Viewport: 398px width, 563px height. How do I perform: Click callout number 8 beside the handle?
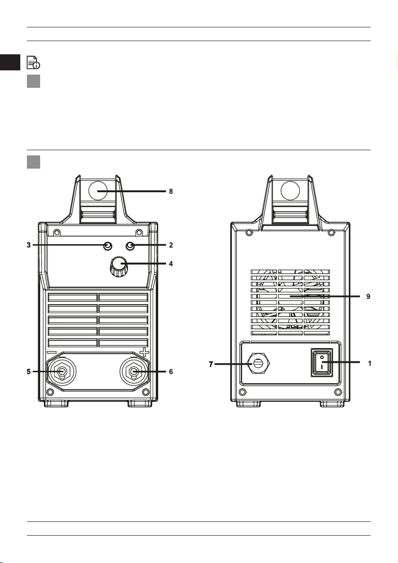pyautogui.click(x=171, y=191)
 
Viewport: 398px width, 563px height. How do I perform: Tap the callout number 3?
pyautogui.click(x=29, y=245)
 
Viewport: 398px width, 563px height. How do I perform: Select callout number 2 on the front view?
pyautogui.click(x=171, y=245)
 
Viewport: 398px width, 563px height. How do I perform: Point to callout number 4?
pyautogui.click(x=171, y=264)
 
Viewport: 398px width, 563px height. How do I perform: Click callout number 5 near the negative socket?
pyautogui.click(x=29, y=372)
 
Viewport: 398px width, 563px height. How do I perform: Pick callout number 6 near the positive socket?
pyautogui.click(x=171, y=372)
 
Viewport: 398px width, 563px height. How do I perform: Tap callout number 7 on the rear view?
pyautogui.click(x=211, y=365)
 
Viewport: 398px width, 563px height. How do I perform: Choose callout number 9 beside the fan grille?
pyautogui.click(x=368, y=297)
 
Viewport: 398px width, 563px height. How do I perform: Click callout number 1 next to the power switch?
pyautogui.click(x=369, y=363)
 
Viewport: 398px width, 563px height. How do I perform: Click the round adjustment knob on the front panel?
pyautogui.click(x=118, y=266)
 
